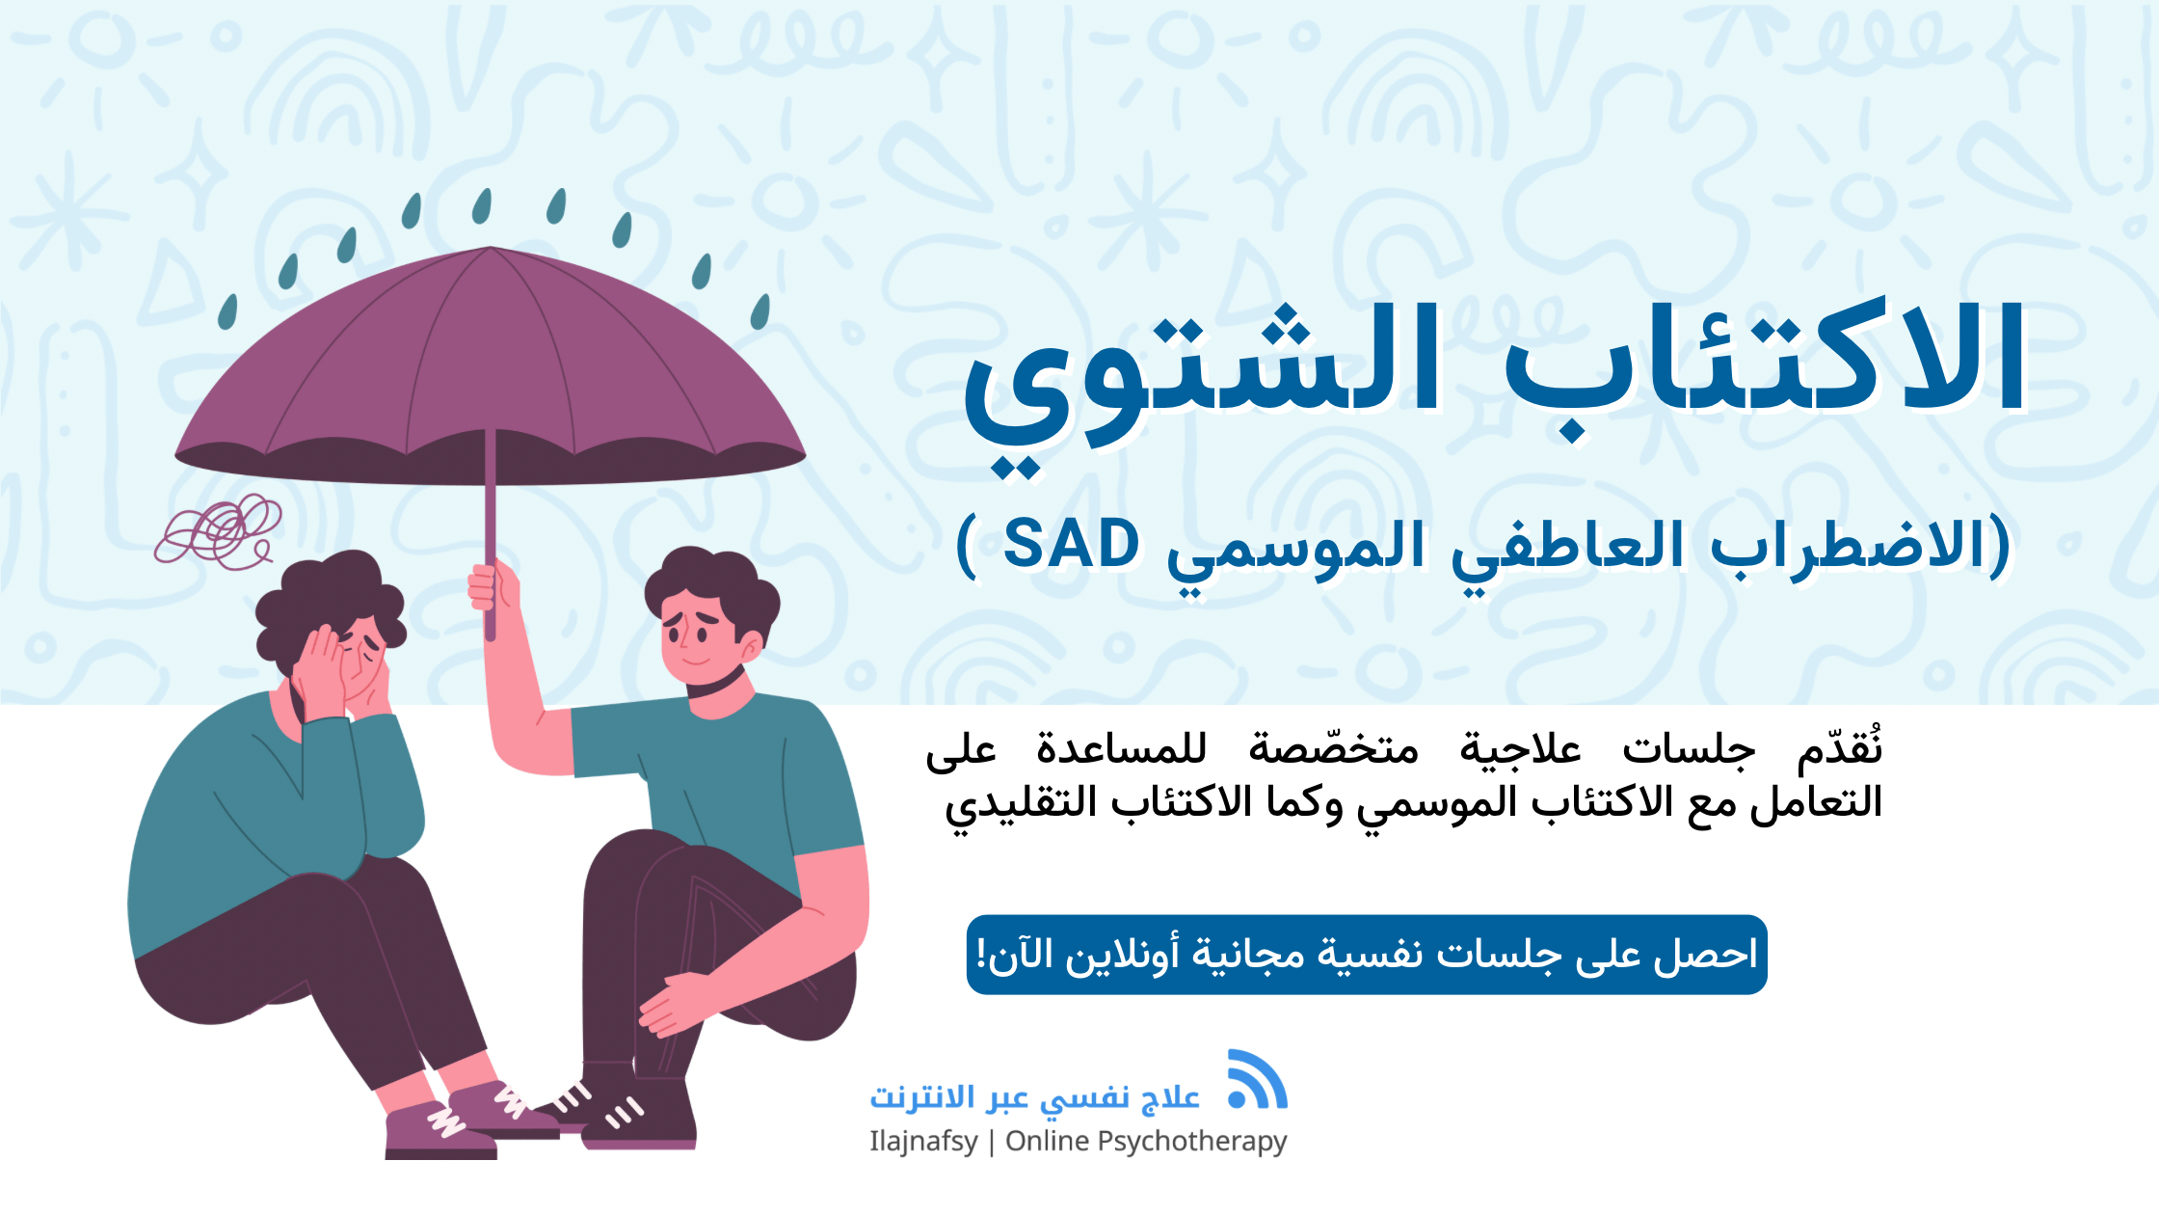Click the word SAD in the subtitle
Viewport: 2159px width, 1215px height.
[1071, 545]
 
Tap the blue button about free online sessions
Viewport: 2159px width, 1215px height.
[1366, 955]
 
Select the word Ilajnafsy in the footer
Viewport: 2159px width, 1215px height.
[923, 1142]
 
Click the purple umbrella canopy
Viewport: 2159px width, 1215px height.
[490, 366]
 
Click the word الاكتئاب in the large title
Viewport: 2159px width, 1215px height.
[1764, 362]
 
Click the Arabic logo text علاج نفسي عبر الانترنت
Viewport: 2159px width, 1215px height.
[1034, 1097]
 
